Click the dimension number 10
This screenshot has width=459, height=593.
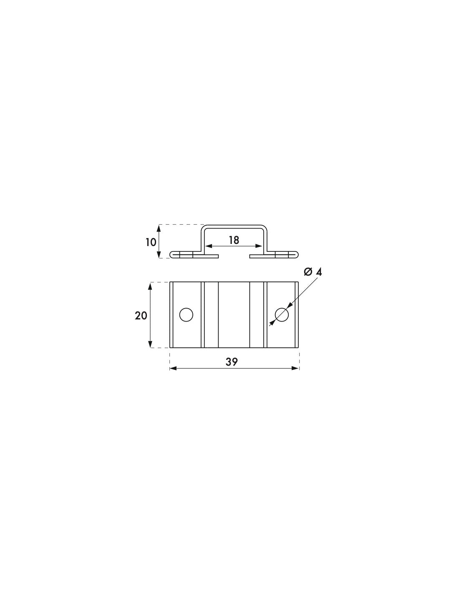point(151,241)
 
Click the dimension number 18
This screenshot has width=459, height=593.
point(234,240)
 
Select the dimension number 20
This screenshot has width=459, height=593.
point(141,316)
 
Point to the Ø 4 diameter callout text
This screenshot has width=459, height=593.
point(313,272)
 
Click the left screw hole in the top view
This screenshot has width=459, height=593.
point(186,315)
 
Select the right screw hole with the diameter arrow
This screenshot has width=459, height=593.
point(282,315)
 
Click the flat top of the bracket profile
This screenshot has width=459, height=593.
point(234,226)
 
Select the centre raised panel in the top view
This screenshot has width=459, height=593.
point(234,315)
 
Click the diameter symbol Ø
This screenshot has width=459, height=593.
point(308,272)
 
